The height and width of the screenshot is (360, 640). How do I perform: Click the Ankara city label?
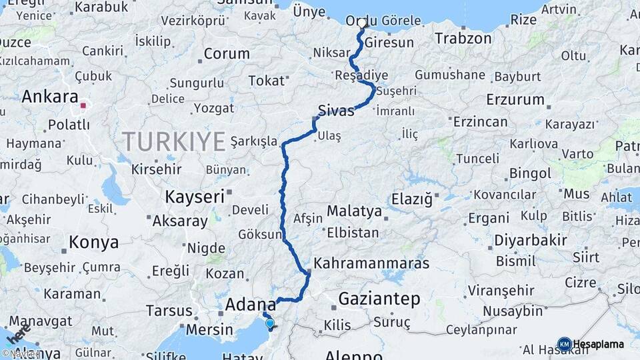click(x=49, y=97)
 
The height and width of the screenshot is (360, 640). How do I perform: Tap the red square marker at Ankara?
click(x=83, y=105)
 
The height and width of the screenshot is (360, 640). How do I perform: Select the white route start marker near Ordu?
click(x=362, y=23)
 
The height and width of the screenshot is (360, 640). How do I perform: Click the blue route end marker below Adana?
click(x=269, y=323)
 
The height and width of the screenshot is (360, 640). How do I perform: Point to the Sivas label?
click(x=336, y=110)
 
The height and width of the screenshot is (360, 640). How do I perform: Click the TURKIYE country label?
click(x=173, y=141)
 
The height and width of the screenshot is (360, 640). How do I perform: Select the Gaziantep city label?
click(x=379, y=299)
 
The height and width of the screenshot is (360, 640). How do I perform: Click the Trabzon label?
click(x=463, y=39)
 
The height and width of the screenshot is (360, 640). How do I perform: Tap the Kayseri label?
click(x=194, y=197)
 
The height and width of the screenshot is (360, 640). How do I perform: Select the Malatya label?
click(x=354, y=212)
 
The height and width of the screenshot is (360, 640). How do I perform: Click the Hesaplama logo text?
click(x=598, y=344)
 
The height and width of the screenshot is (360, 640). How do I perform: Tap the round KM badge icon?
click(x=564, y=344)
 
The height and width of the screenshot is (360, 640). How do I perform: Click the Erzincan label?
click(x=480, y=122)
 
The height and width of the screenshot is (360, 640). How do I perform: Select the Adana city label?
click(x=250, y=305)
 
